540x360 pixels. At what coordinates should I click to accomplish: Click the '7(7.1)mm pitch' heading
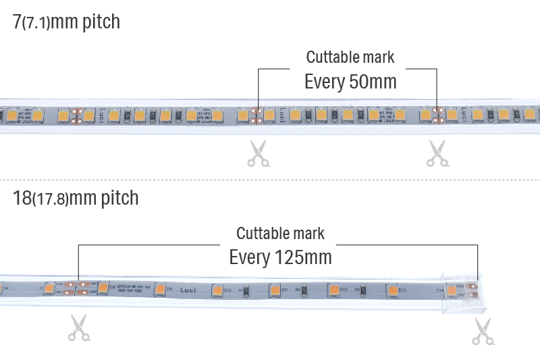point(66,22)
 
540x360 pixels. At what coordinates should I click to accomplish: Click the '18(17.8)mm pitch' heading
point(76,198)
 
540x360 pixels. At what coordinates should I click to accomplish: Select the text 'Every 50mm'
point(350,82)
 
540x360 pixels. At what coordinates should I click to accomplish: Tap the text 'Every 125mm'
point(280,257)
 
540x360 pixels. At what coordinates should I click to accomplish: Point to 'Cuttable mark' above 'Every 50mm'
point(350,57)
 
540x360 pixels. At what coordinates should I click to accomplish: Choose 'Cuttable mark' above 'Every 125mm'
point(280,234)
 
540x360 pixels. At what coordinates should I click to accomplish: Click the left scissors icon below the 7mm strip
point(257,153)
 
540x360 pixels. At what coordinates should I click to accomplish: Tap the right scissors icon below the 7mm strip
point(437,153)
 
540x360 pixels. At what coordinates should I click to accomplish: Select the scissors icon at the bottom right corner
point(481,331)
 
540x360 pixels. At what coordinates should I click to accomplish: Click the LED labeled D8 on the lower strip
point(103,288)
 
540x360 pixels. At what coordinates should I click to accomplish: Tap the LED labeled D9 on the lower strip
point(161,289)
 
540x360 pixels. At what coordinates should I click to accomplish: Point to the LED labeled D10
point(217,290)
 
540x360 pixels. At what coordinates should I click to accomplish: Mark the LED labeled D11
point(275,290)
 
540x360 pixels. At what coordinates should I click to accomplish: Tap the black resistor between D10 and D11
point(246,290)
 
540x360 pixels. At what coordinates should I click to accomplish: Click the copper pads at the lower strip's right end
point(473,289)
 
